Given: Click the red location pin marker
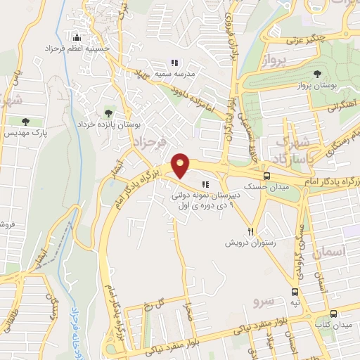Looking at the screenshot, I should coord(181,165).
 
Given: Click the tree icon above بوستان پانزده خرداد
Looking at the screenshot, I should coord(108,112).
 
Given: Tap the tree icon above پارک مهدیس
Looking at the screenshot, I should coord(26,122).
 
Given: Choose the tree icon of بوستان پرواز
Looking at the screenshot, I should coord(319,73).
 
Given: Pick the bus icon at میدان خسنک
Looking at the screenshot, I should coord(266,176).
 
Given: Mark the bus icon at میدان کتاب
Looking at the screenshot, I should coord(333,314).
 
